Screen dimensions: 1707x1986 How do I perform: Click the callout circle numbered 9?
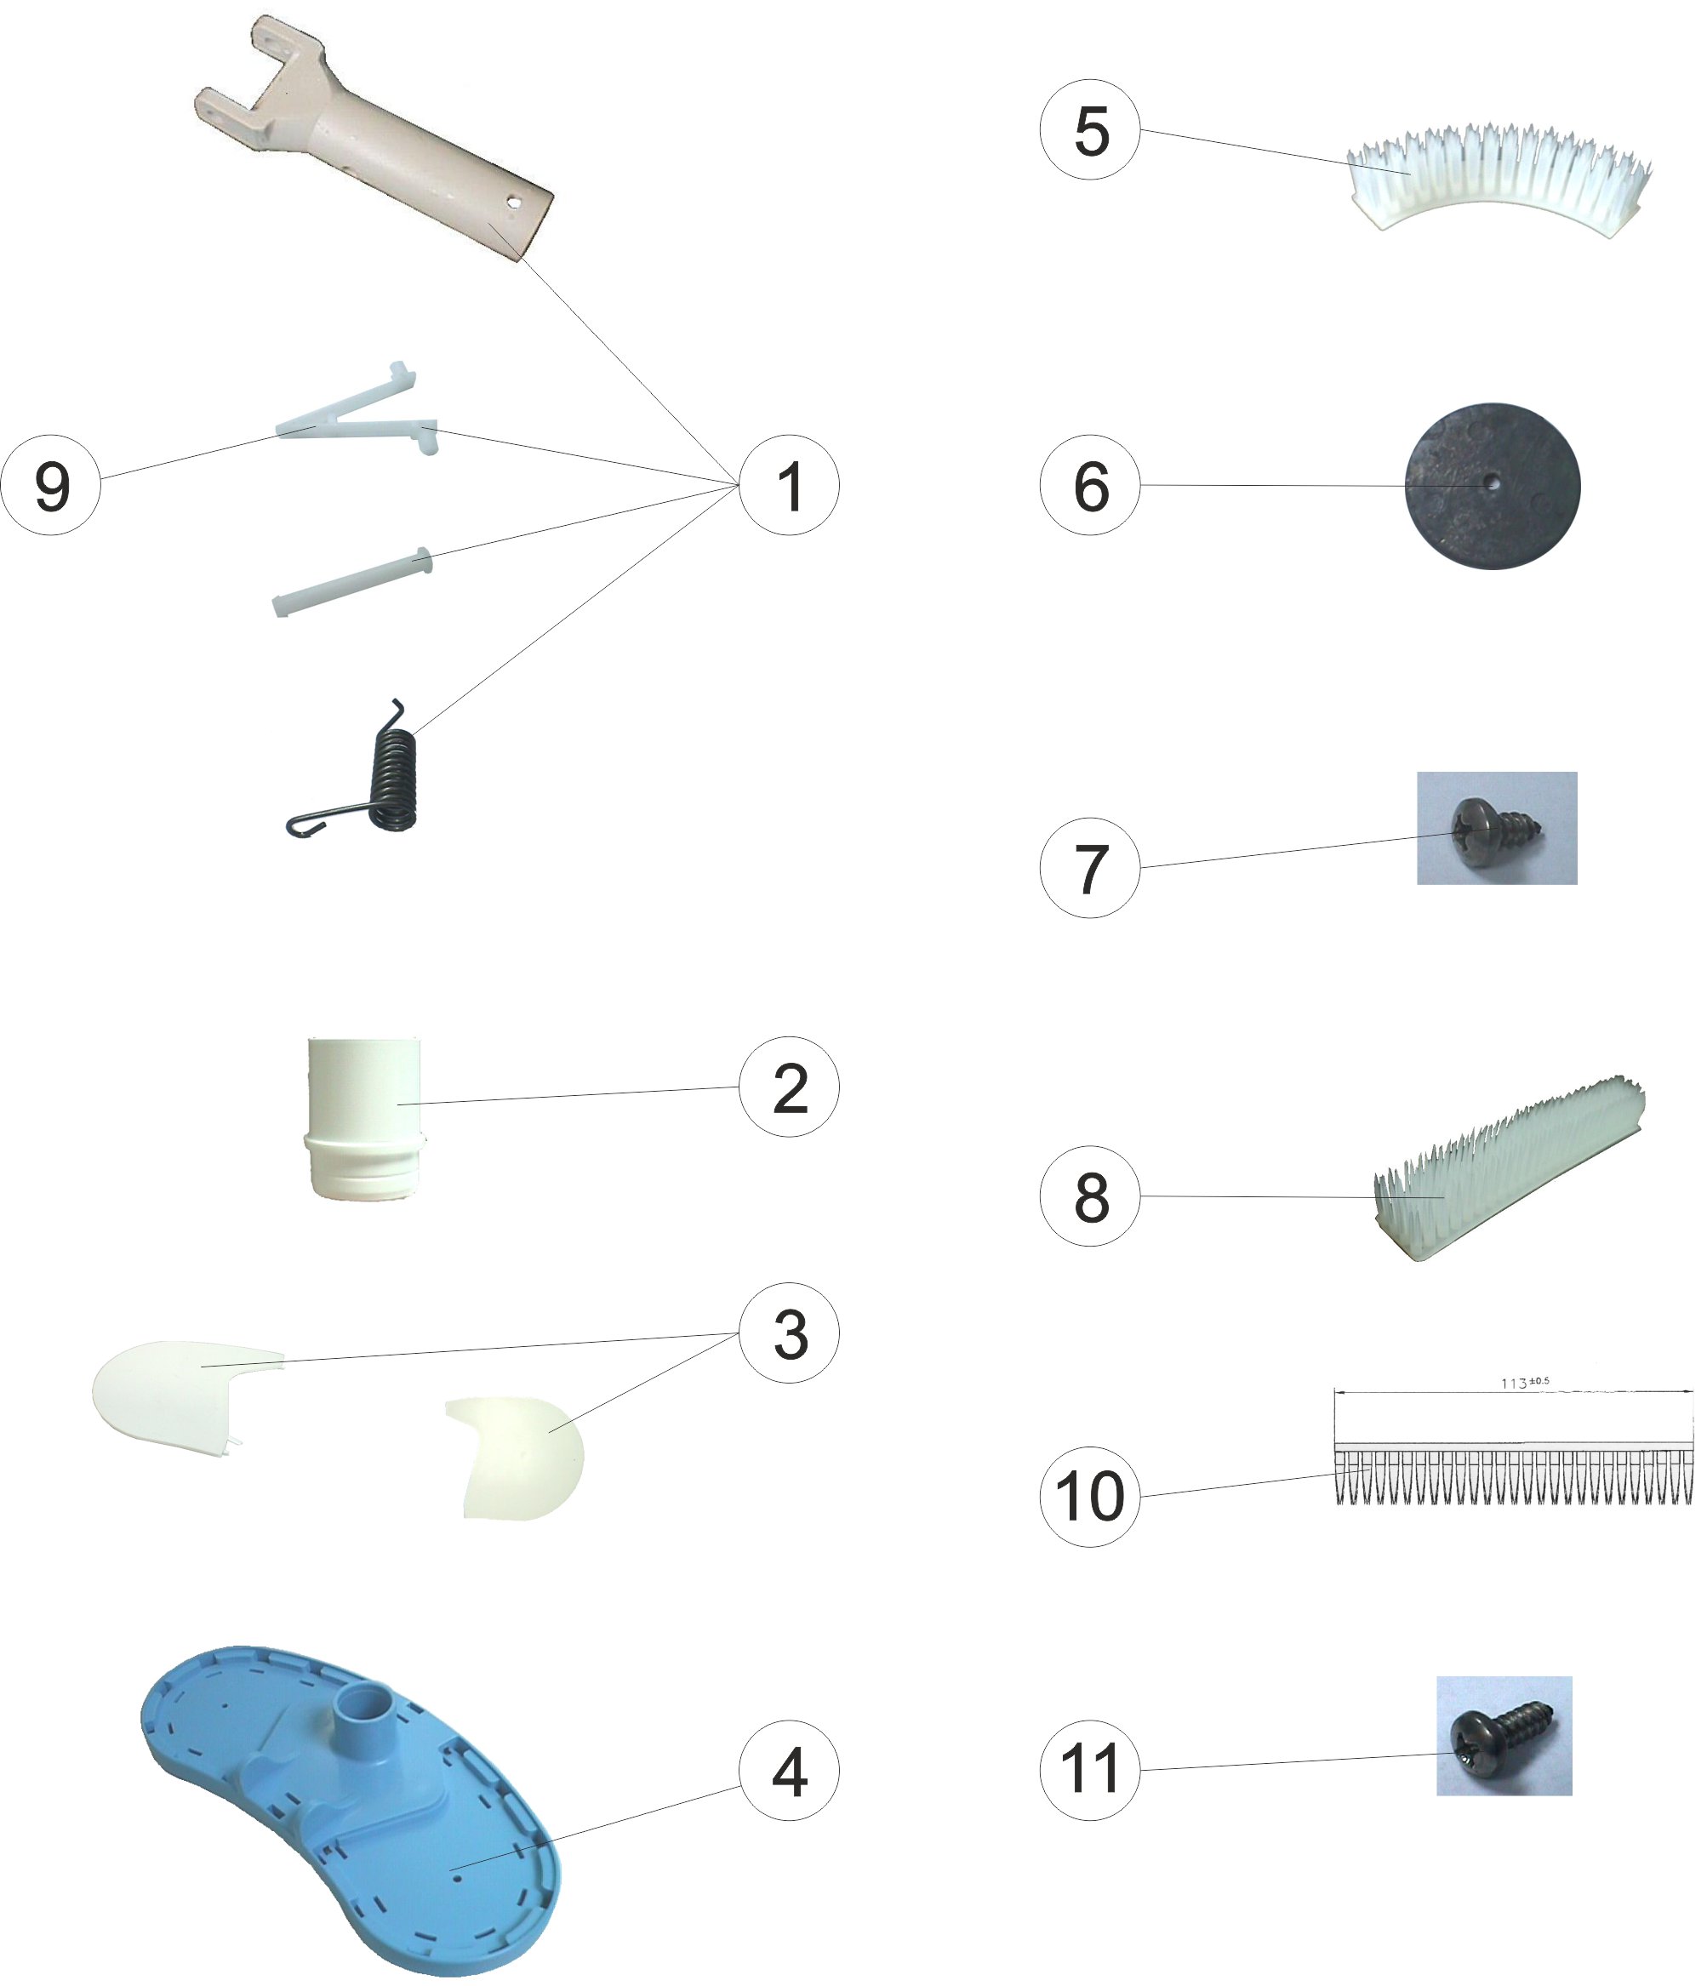[x=51, y=485]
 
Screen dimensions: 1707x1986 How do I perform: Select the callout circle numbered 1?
[x=789, y=485]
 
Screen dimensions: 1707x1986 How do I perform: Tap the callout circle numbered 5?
[x=1090, y=129]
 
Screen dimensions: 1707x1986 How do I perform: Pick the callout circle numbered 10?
[x=1090, y=1495]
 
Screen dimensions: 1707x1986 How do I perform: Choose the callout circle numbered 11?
[x=1090, y=1769]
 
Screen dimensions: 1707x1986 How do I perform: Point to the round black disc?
[x=1493, y=486]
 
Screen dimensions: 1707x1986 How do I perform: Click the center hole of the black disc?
[x=1493, y=484]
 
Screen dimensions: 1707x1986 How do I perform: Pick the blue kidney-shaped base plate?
[x=350, y=1802]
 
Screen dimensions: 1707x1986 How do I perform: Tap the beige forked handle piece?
[x=374, y=139]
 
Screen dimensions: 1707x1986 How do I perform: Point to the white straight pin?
[x=352, y=582]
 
